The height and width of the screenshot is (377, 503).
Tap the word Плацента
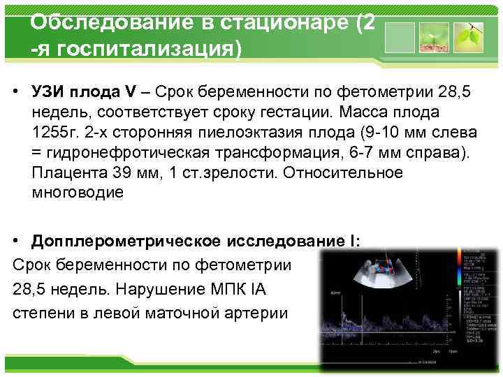pos(66,172)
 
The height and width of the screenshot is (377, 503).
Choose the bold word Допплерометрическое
pos(125,241)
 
